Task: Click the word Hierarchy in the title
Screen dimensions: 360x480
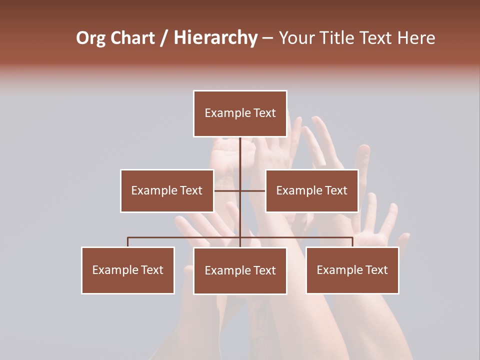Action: pyautogui.click(x=215, y=38)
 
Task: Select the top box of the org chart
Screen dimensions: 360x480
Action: pyautogui.click(x=240, y=113)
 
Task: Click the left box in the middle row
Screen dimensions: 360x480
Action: pyautogui.click(x=167, y=190)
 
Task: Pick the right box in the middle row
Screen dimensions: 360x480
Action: pyautogui.click(x=312, y=190)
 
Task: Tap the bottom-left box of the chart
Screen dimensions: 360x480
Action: pyautogui.click(x=128, y=270)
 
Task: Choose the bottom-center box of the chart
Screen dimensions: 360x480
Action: pyautogui.click(x=240, y=270)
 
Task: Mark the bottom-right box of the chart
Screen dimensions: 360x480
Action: pyautogui.click(x=352, y=270)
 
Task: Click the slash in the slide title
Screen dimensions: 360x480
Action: pyautogui.click(x=164, y=38)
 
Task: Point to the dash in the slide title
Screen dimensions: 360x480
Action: pyautogui.click(x=267, y=38)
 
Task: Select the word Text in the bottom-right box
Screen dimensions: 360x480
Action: pyautogui.click(x=376, y=270)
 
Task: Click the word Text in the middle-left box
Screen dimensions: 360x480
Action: pyautogui.click(x=190, y=190)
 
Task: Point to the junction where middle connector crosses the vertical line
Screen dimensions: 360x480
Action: pyautogui.click(x=240, y=190)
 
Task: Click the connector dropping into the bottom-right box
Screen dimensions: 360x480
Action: pyautogui.click(x=352, y=242)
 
